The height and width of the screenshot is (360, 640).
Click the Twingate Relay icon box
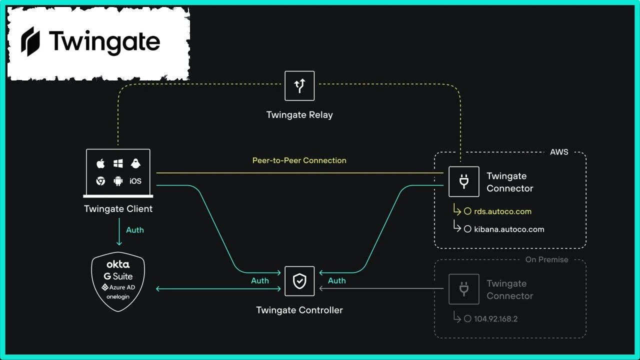coord(299,86)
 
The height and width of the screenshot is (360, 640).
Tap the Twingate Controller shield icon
coord(299,281)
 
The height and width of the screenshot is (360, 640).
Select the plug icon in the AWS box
coord(463,181)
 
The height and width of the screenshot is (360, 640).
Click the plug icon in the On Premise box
coord(463,289)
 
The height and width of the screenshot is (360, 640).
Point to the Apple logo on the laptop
coord(100,163)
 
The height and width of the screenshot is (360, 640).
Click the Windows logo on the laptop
coord(118,163)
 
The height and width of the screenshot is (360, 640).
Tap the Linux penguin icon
coord(135,163)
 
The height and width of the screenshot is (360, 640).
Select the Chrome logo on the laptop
coord(100,181)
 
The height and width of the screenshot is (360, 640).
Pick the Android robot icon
coord(118,181)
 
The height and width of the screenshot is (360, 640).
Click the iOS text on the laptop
coord(135,181)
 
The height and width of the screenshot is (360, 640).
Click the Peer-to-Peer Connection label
coord(299,160)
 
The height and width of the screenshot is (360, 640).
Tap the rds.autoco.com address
coord(502,211)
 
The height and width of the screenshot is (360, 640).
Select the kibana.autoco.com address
coord(509,229)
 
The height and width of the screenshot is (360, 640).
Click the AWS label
coord(559,152)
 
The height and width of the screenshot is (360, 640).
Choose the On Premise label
coord(546,259)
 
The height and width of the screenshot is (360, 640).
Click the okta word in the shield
coord(118,264)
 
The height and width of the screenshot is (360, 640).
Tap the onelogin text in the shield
coord(118,296)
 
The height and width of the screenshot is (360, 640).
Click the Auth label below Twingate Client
coord(135,230)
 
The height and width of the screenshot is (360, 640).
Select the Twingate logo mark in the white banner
coord(29,41)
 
